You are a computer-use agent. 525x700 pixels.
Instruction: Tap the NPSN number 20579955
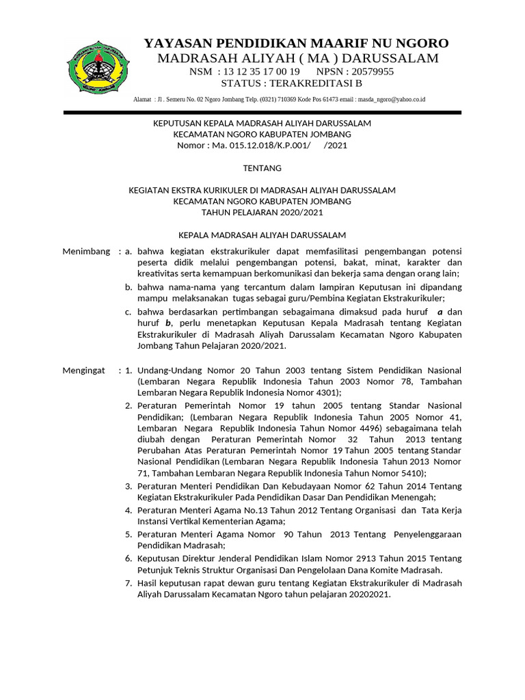[371, 71]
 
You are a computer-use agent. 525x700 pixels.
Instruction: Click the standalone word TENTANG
[262, 168]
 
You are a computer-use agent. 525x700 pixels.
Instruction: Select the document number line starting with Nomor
[262, 145]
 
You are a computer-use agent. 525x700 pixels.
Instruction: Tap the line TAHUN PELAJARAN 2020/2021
[262, 213]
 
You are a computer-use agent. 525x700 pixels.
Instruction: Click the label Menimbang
[86, 252]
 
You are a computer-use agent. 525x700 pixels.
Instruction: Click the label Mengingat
[84, 370]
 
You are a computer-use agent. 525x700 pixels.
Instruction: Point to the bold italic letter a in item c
[440, 312]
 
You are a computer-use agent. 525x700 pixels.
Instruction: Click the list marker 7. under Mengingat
[129, 583]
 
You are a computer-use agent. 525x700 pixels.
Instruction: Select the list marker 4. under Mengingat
[129, 510]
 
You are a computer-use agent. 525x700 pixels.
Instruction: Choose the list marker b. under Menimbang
[129, 287]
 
